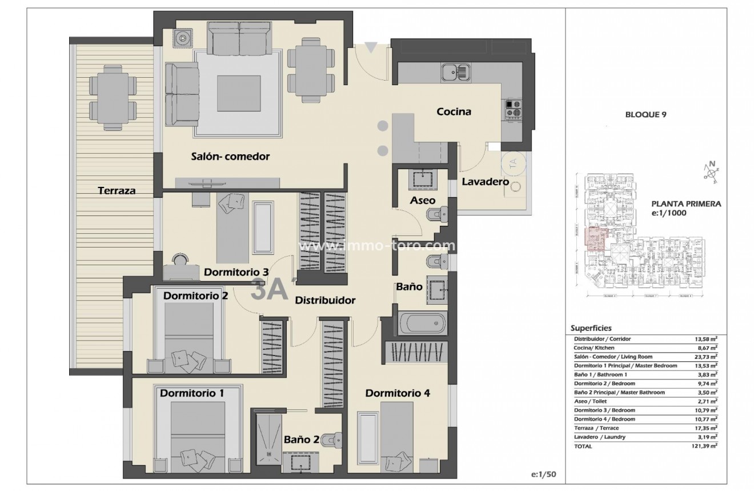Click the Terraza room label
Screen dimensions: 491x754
pyautogui.click(x=116, y=190)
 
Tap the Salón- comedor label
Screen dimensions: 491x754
pyautogui.click(x=230, y=156)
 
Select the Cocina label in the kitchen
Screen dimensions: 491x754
pyautogui.click(x=454, y=111)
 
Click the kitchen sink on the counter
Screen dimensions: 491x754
pyautogui.click(x=455, y=73)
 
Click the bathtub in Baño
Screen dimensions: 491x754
pyautogui.click(x=422, y=323)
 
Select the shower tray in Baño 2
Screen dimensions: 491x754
pyautogui.click(x=267, y=438)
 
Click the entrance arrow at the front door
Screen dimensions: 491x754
pyautogui.click(x=371, y=48)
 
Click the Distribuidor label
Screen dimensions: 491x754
pyautogui.click(x=325, y=300)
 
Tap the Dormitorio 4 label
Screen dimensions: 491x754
pyautogui.click(x=398, y=393)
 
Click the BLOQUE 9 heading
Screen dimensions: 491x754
pyautogui.click(x=646, y=114)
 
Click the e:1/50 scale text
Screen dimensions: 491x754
pyautogui.click(x=542, y=474)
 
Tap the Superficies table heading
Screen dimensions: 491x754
pyautogui.click(x=591, y=328)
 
